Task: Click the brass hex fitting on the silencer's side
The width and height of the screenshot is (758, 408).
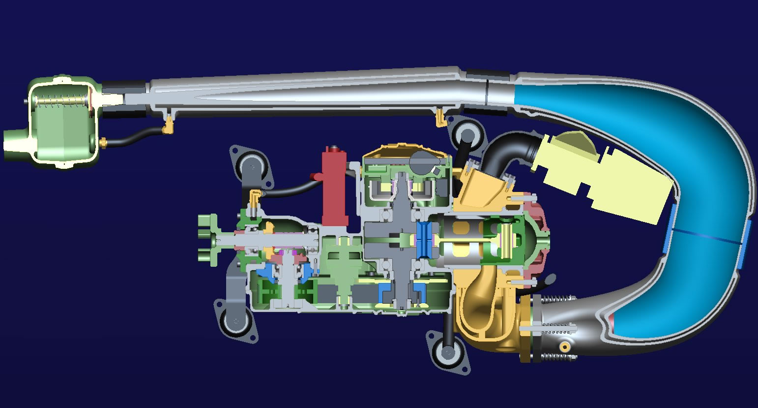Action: click(x=104, y=143)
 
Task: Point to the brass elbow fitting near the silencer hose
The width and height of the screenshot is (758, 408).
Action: click(x=169, y=126)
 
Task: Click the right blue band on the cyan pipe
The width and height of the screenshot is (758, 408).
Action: click(x=744, y=245)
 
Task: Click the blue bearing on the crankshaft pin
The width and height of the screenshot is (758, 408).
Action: click(x=423, y=241)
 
